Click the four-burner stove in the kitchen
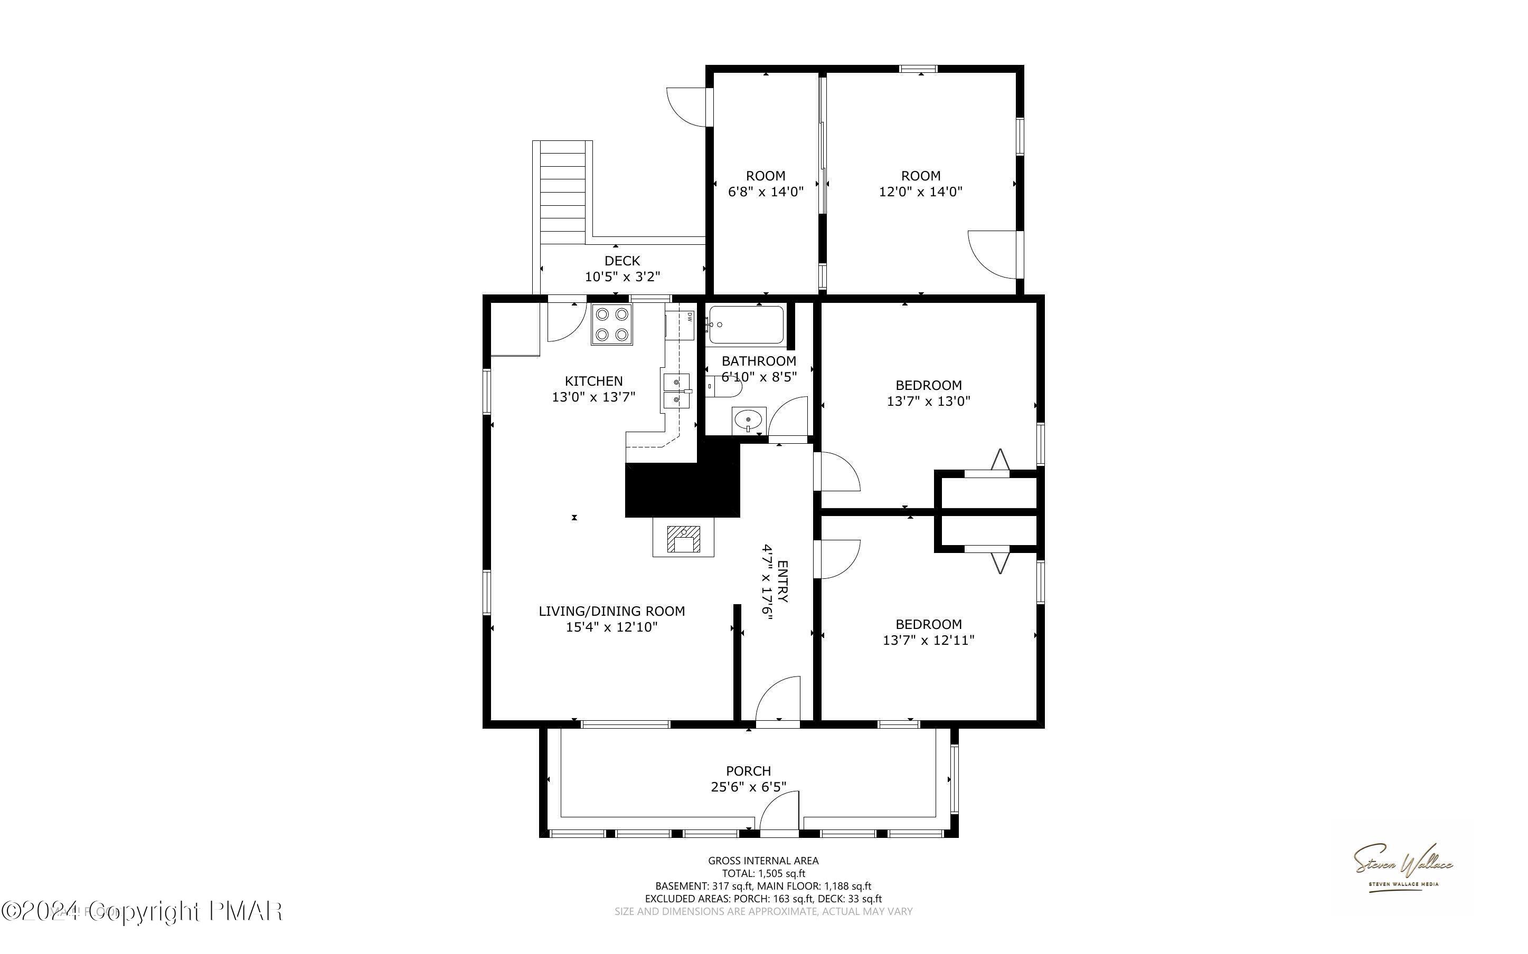611,325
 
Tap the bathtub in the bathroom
746,325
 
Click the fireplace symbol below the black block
684,539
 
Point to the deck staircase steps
563,193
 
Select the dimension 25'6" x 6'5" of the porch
748,787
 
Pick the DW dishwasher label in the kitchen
690,317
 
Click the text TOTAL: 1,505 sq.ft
763,873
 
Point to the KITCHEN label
593,380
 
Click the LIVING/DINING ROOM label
611,611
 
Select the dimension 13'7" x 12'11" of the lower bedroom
928,640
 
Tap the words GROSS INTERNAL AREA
763,860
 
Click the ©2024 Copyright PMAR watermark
142,911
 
